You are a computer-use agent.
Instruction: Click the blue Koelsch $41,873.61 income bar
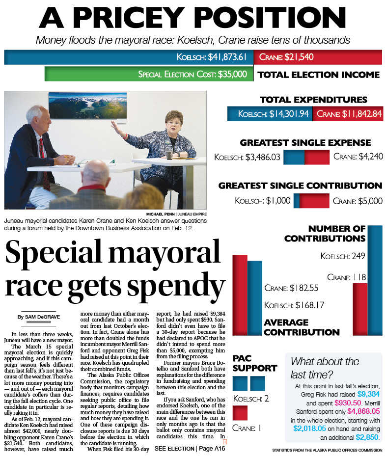(x=129, y=57)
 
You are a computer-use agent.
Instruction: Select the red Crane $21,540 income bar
(x=318, y=57)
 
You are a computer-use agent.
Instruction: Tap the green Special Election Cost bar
(x=148, y=74)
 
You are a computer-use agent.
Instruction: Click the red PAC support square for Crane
(x=240, y=413)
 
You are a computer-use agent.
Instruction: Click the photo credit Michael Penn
(x=176, y=214)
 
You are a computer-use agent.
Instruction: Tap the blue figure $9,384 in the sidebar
(x=369, y=394)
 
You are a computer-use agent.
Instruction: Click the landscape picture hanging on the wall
(x=81, y=105)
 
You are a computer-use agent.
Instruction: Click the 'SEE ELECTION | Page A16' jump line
(x=189, y=449)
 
